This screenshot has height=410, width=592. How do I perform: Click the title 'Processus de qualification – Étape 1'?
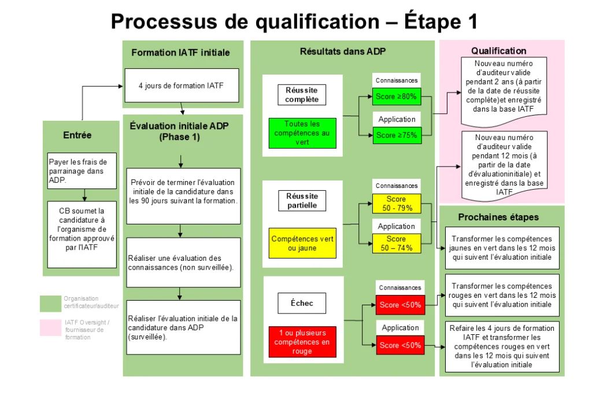coord(294,21)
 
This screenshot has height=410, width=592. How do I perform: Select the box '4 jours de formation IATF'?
coord(181,86)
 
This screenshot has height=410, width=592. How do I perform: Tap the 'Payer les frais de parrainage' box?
coord(82,171)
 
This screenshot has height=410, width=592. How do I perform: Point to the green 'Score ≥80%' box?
coord(396,97)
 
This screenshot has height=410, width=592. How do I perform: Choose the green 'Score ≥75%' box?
coord(396,135)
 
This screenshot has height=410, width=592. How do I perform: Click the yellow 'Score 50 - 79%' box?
coord(396,204)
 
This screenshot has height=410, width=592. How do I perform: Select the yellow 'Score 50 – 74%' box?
coord(396,243)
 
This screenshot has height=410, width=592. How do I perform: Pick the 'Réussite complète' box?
coord(302,95)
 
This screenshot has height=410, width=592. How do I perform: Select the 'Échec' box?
coord(302,302)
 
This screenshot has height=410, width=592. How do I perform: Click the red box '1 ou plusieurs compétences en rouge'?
coord(302,342)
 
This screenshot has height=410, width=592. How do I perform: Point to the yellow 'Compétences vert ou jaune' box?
coord(302,243)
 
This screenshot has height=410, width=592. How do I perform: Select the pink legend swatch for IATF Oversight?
coord(50,327)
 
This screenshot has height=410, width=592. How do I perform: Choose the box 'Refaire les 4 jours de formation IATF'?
coord(502,346)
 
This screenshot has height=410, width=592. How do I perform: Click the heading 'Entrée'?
coord(77,135)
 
